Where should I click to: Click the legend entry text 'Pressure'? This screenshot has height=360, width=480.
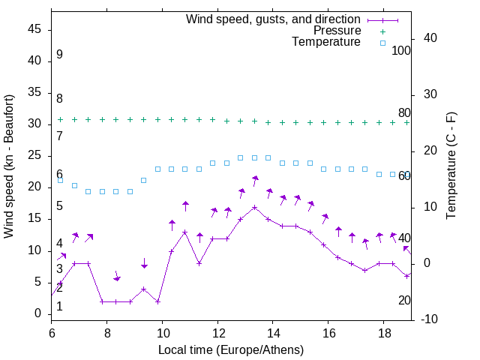pyautogui.click(x=337, y=31)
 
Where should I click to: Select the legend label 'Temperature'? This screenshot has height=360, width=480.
pyautogui.click(x=326, y=43)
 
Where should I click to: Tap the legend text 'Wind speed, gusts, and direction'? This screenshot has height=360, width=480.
pyautogui.click(x=273, y=19)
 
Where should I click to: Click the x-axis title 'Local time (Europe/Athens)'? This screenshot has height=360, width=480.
pyautogui.click(x=230, y=349)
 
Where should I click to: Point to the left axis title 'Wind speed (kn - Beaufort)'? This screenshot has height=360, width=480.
pyautogui.click(x=9, y=166)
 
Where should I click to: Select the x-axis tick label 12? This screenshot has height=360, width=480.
pyautogui.click(x=217, y=332)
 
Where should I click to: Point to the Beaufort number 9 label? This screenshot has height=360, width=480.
pyautogui.click(x=59, y=55)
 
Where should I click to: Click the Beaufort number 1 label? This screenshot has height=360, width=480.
pyautogui.click(x=59, y=306)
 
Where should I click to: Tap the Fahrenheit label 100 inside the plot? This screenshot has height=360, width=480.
pyautogui.click(x=401, y=50)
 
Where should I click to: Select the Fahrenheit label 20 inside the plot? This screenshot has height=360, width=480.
pyautogui.click(x=404, y=300)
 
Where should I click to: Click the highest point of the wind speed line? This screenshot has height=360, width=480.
pyautogui.click(x=255, y=207)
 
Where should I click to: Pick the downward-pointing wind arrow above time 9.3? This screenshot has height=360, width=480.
pyautogui.click(x=144, y=263)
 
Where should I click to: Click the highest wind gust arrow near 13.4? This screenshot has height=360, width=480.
pyautogui.click(x=255, y=180)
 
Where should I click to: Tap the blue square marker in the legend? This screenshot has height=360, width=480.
pyautogui.click(x=382, y=43)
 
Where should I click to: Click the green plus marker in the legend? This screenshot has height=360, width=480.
pyautogui.click(x=382, y=31)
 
